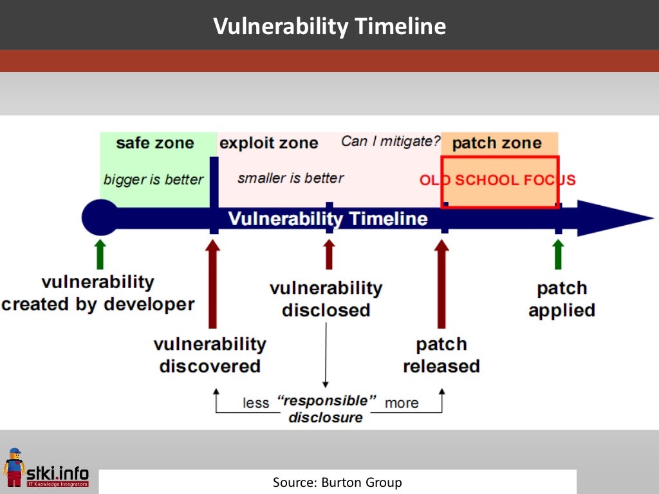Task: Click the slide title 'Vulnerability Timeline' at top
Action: click(x=329, y=26)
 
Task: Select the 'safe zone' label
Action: click(x=154, y=143)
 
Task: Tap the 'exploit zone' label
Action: click(x=268, y=143)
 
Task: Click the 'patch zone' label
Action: click(x=497, y=143)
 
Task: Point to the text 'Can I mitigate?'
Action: click(x=391, y=141)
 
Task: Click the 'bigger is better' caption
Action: click(x=153, y=179)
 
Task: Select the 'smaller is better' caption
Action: click(x=290, y=178)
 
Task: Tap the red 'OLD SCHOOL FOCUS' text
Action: click(x=497, y=180)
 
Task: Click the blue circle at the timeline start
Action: click(x=100, y=218)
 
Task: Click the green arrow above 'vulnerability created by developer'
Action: click(x=100, y=254)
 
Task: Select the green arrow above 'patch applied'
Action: click(x=558, y=254)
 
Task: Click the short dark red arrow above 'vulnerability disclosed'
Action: click(x=329, y=254)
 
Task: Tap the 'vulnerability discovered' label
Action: click(x=210, y=355)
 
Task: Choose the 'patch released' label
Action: click(x=441, y=355)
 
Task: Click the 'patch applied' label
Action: click(x=562, y=299)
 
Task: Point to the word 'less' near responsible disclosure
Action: click(x=255, y=403)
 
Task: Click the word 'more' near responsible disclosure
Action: click(x=402, y=403)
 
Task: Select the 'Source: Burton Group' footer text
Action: click(x=337, y=482)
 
